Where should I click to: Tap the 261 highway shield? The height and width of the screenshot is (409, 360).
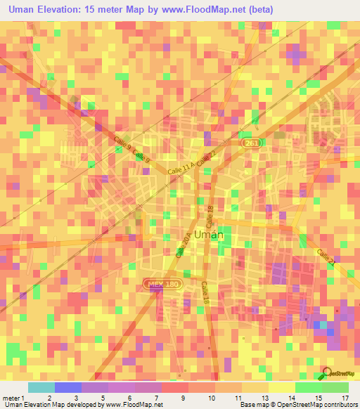pyautogui.click(x=251, y=143)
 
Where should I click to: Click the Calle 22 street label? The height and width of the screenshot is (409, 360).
pyautogui.click(x=205, y=160)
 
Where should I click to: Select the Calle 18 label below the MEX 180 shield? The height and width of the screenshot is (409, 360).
pyautogui.click(x=206, y=292)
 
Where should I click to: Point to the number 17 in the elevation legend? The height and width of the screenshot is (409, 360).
pyautogui.click(x=345, y=398)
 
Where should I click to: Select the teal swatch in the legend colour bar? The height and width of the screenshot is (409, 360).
pyautogui.click(x=41, y=387)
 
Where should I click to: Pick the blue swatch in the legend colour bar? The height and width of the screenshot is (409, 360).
pyautogui.click(x=67, y=387)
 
